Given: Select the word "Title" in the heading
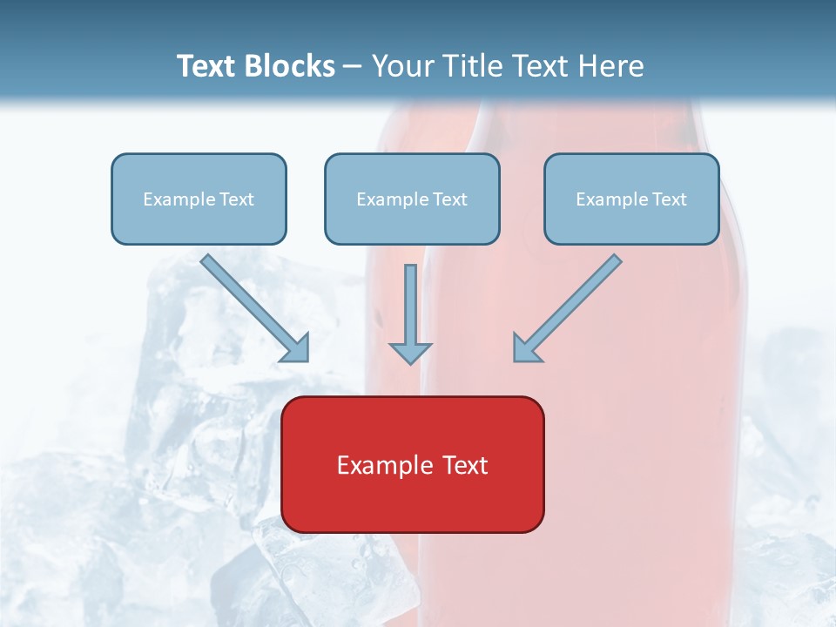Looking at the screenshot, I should (x=474, y=66).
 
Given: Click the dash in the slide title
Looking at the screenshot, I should (x=354, y=67).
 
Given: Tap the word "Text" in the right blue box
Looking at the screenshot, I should (x=669, y=199).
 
